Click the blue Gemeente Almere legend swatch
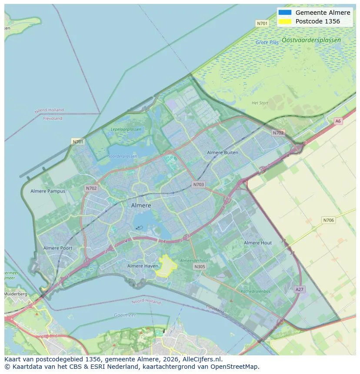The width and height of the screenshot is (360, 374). tap(285, 13)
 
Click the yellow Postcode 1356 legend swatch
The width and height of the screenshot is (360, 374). tap(285, 21)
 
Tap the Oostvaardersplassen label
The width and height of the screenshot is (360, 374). tap(311, 40)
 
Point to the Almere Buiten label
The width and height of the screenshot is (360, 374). tap(223, 152)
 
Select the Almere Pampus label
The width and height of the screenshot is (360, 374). tap(48, 191)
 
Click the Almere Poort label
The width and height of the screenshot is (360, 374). tap(58, 248)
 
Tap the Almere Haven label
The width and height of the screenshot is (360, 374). tap(143, 266)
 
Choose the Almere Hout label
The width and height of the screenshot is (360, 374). tap(258, 243)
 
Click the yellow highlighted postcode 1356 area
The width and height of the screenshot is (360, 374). tap(167, 266)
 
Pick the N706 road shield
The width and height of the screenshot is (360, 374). tap(329, 220)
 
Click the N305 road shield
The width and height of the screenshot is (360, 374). tap(200, 267)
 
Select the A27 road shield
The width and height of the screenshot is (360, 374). tap(299, 289)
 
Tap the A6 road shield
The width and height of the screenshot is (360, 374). tap(338, 121)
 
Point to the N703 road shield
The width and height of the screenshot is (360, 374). tap(198, 185)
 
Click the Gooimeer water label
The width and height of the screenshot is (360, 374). tap(125, 315)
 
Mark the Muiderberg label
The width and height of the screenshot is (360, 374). tap(16, 294)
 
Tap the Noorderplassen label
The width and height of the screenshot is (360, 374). tap(122, 156)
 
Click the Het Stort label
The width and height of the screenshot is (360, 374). tap(260, 103)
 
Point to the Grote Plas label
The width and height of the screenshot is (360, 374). tap(267, 43)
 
